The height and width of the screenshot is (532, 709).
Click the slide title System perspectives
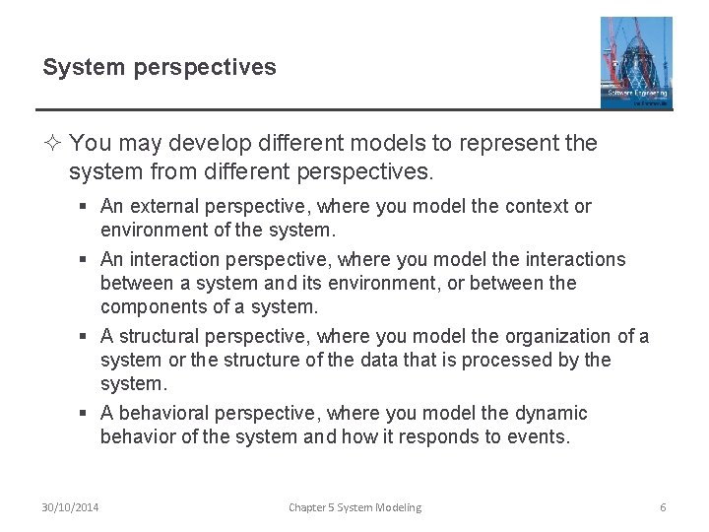(160, 68)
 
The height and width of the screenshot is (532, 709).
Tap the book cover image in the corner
(635, 61)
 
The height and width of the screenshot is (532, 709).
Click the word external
(161, 207)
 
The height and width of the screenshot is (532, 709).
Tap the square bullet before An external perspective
(86, 208)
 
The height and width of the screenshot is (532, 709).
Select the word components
(150, 306)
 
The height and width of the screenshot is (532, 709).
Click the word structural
(160, 337)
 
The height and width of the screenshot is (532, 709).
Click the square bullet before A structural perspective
(86, 338)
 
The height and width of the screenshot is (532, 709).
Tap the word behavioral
(161, 413)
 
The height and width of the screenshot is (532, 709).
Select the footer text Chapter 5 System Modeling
(354, 507)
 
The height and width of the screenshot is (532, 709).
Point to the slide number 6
(663, 507)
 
